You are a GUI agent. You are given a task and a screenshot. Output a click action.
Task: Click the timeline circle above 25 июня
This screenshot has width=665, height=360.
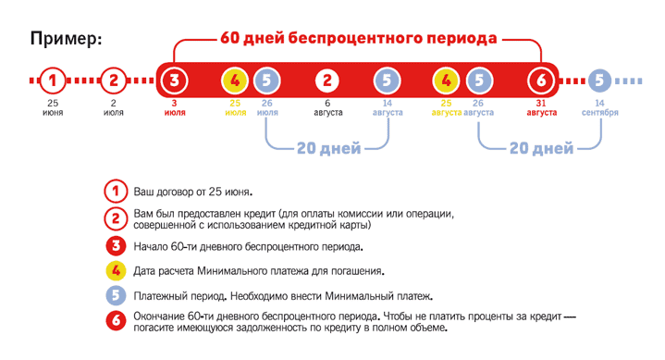[54, 80]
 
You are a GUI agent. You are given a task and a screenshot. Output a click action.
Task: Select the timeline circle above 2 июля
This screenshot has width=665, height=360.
[114, 80]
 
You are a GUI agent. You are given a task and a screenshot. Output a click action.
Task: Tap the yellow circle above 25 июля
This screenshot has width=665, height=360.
[235, 80]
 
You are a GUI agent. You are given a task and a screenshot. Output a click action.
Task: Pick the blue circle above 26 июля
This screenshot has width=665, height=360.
[265, 80]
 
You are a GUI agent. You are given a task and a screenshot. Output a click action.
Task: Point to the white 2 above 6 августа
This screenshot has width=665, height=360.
[327, 80]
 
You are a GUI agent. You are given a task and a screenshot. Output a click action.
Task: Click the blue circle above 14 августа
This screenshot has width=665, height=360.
[387, 80]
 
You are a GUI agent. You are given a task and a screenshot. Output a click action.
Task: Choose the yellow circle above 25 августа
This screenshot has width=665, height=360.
[447, 80]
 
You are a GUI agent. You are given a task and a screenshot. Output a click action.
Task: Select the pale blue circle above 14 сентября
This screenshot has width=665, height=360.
[600, 80]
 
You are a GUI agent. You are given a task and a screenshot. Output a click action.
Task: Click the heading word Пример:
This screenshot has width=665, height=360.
[66, 39]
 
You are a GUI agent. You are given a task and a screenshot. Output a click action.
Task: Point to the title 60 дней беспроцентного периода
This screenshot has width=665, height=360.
[359, 39]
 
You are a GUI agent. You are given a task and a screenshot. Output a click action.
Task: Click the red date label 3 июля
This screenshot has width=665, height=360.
[174, 107]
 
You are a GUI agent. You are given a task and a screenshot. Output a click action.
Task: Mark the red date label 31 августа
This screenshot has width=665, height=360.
[541, 107]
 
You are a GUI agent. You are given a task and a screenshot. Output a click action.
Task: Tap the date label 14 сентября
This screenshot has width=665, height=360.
[600, 107]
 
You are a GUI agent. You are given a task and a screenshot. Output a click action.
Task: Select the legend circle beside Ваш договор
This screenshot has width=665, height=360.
[115, 192]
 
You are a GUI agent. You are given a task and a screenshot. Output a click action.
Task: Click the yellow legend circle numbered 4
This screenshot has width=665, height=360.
[115, 271]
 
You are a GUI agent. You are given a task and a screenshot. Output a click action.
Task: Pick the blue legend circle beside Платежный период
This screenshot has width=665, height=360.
[115, 296]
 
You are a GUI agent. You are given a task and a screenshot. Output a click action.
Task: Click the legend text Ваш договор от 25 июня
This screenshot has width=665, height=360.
[192, 192]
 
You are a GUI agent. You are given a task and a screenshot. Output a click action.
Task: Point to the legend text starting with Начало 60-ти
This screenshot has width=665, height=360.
[248, 246]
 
